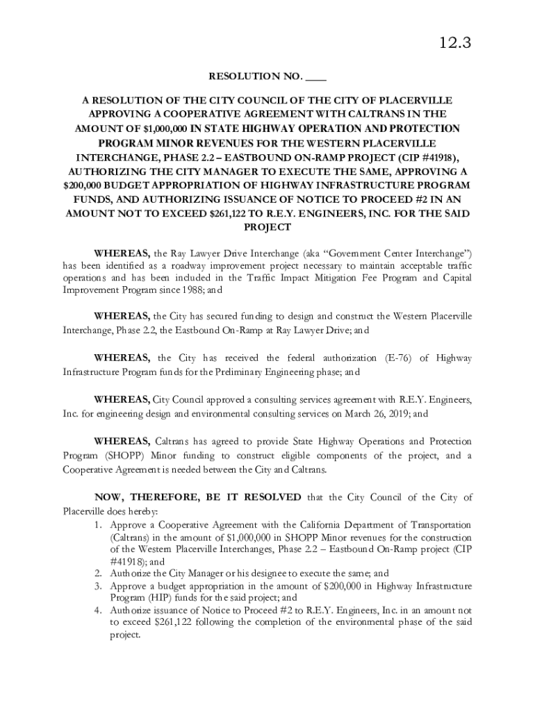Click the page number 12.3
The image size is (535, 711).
(x=455, y=44)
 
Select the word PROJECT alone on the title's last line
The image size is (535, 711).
(x=267, y=228)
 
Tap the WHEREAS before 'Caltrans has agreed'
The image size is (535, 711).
(x=122, y=442)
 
